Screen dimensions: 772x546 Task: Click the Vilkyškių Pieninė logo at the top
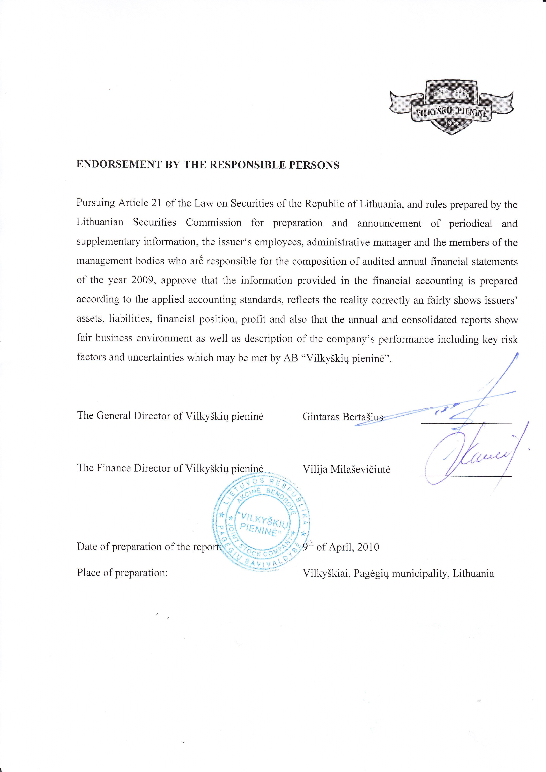pyautogui.click(x=452, y=107)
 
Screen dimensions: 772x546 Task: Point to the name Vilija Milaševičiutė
pyautogui.click(x=346, y=469)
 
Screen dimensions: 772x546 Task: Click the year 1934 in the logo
pyautogui.click(x=451, y=123)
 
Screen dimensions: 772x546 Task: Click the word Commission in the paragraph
pyautogui.click(x=214, y=223)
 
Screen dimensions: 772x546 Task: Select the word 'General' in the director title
pyautogui.click(x=114, y=416)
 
